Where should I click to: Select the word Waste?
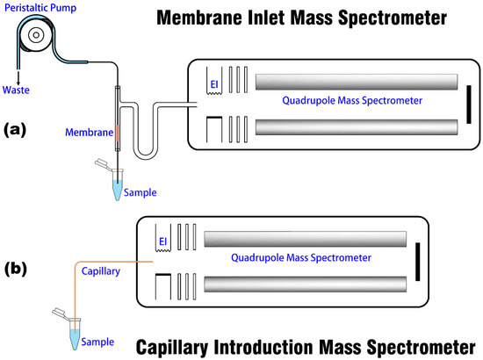click(18, 88)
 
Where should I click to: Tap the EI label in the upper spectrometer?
click(213, 83)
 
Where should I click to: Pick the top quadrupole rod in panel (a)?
click(356, 81)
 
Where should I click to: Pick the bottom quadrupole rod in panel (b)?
click(305, 284)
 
